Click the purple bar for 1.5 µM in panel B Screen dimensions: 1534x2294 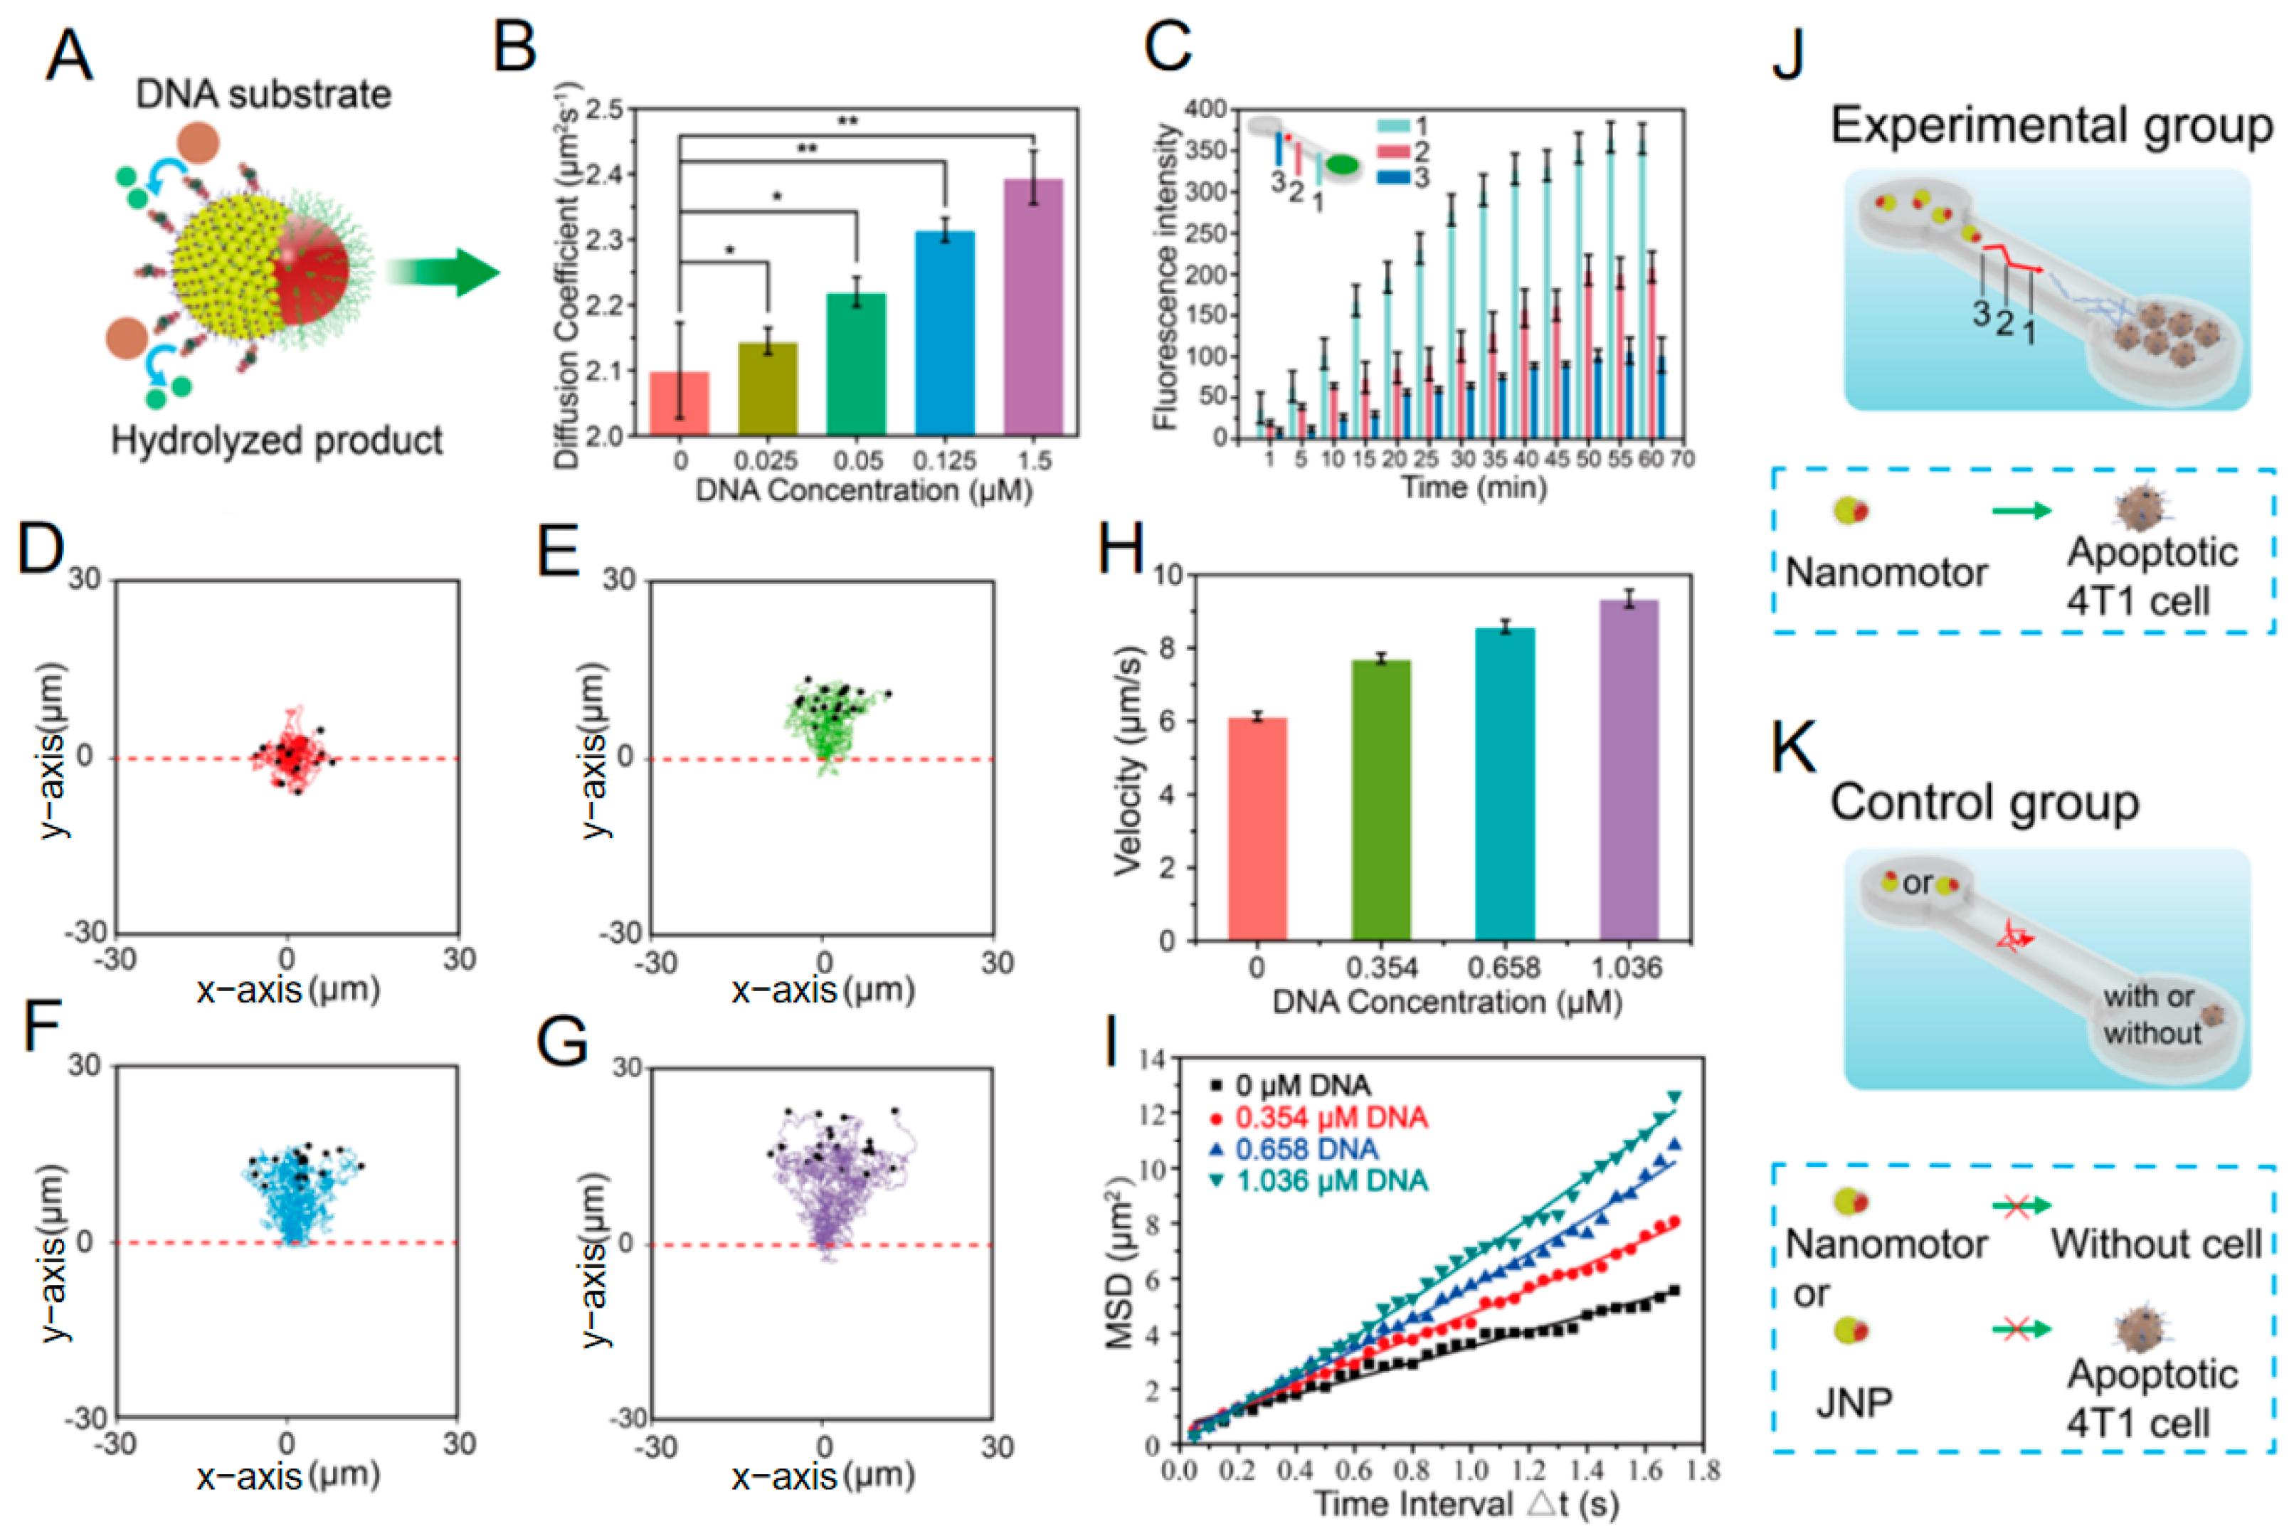tap(1033, 308)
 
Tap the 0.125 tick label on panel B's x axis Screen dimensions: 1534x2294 tap(944, 460)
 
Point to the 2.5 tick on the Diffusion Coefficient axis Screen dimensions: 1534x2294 tap(603, 110)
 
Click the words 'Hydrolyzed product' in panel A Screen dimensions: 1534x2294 tap(277, 440)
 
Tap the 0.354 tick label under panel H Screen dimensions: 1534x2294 tap(1380, 968)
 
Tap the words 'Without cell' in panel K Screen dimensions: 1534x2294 tap(2156, 1244)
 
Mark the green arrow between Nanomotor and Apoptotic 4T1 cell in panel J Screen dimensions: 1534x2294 tap(2021, 509)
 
